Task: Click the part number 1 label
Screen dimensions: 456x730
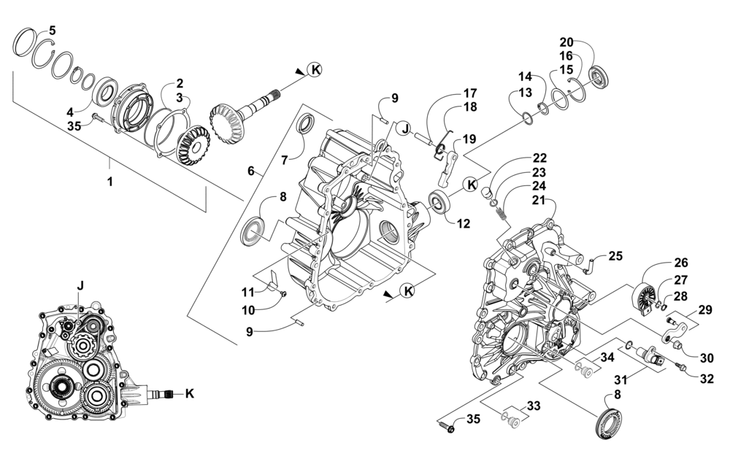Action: (110, 182)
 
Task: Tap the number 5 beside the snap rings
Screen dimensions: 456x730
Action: (52, 30)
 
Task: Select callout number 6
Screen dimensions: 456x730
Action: (251, 171)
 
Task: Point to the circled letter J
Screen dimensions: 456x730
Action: (403, 128)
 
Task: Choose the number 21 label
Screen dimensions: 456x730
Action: (538, 198)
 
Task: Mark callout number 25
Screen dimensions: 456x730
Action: (615, 255)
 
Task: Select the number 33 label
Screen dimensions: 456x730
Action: (534, 405)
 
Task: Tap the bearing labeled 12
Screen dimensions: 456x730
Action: (440, 201)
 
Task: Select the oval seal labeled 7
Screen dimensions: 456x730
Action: (306, 125)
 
